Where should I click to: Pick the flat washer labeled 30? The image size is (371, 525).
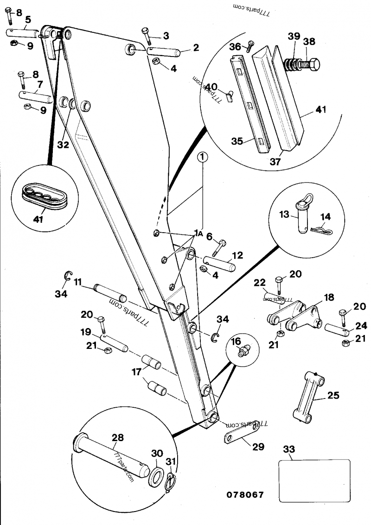click(156, 473)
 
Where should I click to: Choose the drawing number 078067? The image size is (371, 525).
click(245, 494)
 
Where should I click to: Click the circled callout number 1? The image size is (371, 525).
click(203, 157)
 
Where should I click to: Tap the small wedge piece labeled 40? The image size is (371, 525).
click(230, 96)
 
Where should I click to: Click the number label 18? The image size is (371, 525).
click(329, 297)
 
